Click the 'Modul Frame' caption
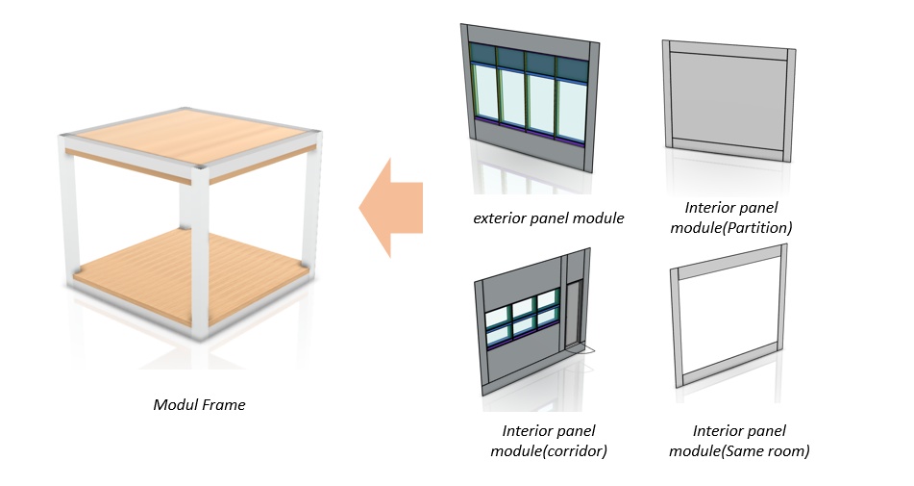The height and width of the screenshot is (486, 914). (199, 405)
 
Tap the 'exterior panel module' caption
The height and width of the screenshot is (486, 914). (549, 218)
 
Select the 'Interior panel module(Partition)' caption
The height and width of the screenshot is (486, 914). (731, 217)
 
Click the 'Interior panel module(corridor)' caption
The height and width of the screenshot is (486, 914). (550, 440)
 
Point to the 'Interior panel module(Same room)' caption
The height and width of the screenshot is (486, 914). (738, 440)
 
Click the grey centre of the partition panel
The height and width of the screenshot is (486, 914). (730, 98)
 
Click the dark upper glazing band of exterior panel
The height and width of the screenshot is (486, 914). (528, 62)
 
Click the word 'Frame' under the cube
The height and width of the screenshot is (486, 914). (225, 405)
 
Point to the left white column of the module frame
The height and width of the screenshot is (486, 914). (68, 212)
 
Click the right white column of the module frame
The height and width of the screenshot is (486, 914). (309, 202)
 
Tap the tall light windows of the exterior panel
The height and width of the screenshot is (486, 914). (528, 104)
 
